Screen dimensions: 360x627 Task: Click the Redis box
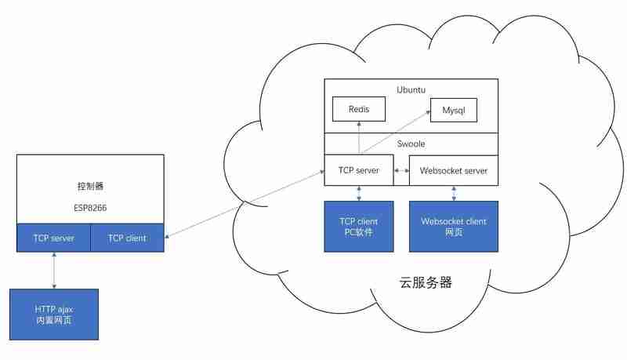[359, 109]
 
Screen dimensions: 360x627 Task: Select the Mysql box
[453, 111]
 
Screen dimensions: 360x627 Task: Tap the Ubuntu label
[411, 89]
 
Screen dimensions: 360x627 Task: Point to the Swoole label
[411, 144]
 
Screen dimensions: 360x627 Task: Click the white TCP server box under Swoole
[359, 170]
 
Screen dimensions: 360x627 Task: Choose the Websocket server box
[454, 170]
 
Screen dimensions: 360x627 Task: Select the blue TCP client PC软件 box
[359, 227]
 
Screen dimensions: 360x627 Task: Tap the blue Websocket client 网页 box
[454, 227]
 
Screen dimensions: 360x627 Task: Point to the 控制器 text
[90, 187]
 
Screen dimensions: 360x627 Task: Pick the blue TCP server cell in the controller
[53, 238]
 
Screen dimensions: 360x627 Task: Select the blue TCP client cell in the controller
[127, 238]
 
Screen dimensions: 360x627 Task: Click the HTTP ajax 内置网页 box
[54, 314]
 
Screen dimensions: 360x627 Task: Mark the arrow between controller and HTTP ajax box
[54, 271]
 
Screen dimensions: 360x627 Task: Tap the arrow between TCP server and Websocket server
[401, 170]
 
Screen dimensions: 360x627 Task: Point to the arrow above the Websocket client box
[454, 193]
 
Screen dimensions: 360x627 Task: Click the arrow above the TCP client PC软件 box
[359, 193]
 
